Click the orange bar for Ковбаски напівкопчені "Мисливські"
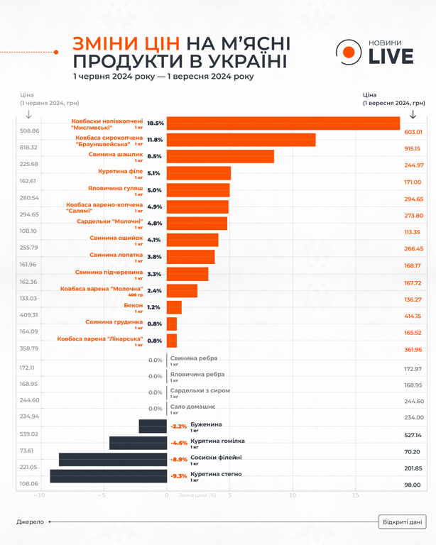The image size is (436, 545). [x=284, y=123]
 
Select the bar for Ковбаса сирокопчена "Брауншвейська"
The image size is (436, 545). [x=241, y=140]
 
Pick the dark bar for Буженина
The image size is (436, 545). [x=153, y=426]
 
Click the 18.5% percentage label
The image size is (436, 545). [x=156, y=123]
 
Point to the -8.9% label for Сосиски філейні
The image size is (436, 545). [x=178, y=460]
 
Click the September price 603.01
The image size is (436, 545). [x=413, y=132]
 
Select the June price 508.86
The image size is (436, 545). [x=30, y=131]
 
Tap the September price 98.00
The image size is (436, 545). [x=413, y=485]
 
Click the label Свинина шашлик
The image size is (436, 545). [x=115, y=155]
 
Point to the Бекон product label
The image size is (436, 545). [x=133, y=305]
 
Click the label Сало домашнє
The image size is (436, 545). [x=192, y=407]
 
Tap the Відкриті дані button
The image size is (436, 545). [x=402, y=522]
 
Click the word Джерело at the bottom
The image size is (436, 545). [x=30, y=522]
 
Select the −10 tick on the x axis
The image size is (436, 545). [x=40, y=495]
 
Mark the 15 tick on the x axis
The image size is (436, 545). [x=355, y=495]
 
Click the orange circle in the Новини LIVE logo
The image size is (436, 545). [x=349, y=53]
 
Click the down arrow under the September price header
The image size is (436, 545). [x=413, y=115]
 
